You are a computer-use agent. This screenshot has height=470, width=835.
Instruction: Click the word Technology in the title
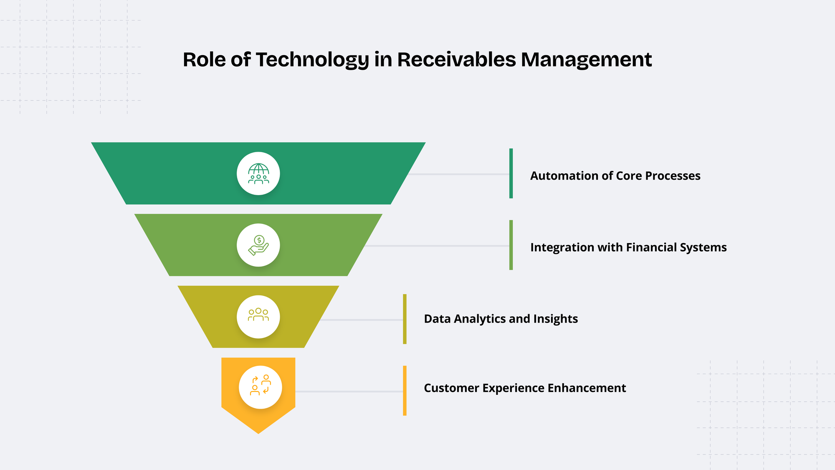(312, 60)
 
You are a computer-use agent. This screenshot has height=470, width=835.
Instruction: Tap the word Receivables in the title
(456, 60)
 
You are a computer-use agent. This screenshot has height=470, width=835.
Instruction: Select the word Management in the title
(586, 60)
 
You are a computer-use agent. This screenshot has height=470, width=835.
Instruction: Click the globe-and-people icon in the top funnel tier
(258, 173)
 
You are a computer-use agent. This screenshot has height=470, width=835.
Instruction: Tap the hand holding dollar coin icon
(258, 245)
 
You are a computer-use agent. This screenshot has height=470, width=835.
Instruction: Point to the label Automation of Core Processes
(615, 176)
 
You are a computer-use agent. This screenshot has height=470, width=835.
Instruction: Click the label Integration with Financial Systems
(628, 247)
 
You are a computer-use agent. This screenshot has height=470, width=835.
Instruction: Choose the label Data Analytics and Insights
(501, 319)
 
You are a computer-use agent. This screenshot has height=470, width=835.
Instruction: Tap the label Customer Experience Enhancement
(525, 388)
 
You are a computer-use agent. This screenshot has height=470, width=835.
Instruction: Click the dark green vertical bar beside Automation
(511, 173)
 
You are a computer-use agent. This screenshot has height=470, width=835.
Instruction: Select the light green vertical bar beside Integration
(511, 245)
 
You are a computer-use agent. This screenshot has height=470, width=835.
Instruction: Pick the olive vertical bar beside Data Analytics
(405, 319)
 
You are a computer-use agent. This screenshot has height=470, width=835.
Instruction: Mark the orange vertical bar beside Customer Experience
(405, 391)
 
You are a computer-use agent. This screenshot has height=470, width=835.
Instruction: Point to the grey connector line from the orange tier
(349, 391)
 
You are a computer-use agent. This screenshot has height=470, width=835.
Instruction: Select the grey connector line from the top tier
(459, 174)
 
